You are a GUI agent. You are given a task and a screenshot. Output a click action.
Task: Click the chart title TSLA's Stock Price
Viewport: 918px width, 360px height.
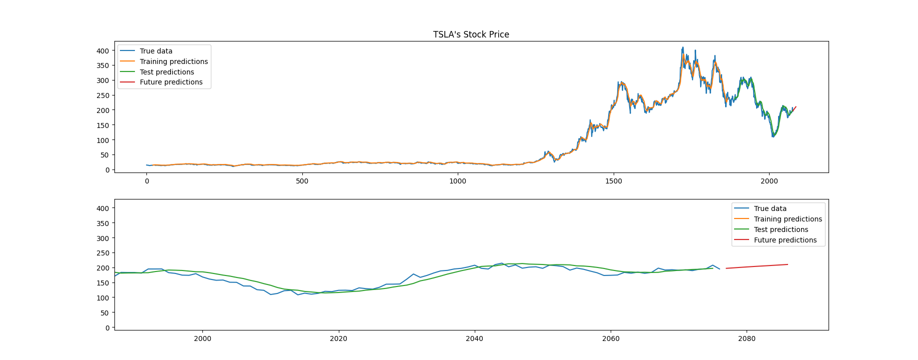tap(471, 34)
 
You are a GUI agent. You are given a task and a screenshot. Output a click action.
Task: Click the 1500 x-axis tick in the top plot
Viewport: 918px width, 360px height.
tap(614, 181)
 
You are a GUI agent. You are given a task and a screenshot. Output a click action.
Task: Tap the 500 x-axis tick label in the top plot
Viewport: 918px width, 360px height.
tap(302, 181)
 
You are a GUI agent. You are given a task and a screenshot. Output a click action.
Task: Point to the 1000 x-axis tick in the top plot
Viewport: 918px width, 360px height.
tap(458, 181)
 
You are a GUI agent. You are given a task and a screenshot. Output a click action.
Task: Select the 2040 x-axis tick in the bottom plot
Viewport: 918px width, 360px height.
tap(474, 338)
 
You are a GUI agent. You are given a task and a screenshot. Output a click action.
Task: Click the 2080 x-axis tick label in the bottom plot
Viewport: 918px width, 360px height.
tap(747, 338)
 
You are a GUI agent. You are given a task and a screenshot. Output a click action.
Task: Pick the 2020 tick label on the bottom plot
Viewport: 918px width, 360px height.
tap(338, 338)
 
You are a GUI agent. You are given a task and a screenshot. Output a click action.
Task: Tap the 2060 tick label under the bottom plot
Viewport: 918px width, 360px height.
tap(611, 338)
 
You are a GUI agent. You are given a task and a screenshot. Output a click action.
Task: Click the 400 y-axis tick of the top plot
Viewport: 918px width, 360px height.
tap(103, 51)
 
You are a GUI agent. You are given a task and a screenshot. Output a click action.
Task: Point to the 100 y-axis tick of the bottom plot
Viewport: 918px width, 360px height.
tap(103, 298)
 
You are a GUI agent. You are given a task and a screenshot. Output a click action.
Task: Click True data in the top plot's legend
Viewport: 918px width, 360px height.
tap(156, 51)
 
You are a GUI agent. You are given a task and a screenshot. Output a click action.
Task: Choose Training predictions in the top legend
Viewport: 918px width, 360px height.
tap(173, 61)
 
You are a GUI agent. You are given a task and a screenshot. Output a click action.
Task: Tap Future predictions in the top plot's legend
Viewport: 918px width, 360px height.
tap(171, 82)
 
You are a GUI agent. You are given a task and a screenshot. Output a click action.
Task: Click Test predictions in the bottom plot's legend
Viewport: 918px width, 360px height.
tap(781, 229)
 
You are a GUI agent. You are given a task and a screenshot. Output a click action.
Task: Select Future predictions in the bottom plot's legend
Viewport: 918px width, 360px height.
tap(785, 240)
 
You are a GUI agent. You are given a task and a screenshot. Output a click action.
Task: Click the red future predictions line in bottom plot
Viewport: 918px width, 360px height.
tap(757, 266)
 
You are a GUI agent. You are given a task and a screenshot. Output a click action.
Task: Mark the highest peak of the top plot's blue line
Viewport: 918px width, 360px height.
tap(683, 47)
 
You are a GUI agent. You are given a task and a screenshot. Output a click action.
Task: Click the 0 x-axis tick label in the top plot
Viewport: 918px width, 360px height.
tap(146, 181)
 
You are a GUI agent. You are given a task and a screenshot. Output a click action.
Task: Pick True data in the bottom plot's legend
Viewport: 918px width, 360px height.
tap(770, 208)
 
